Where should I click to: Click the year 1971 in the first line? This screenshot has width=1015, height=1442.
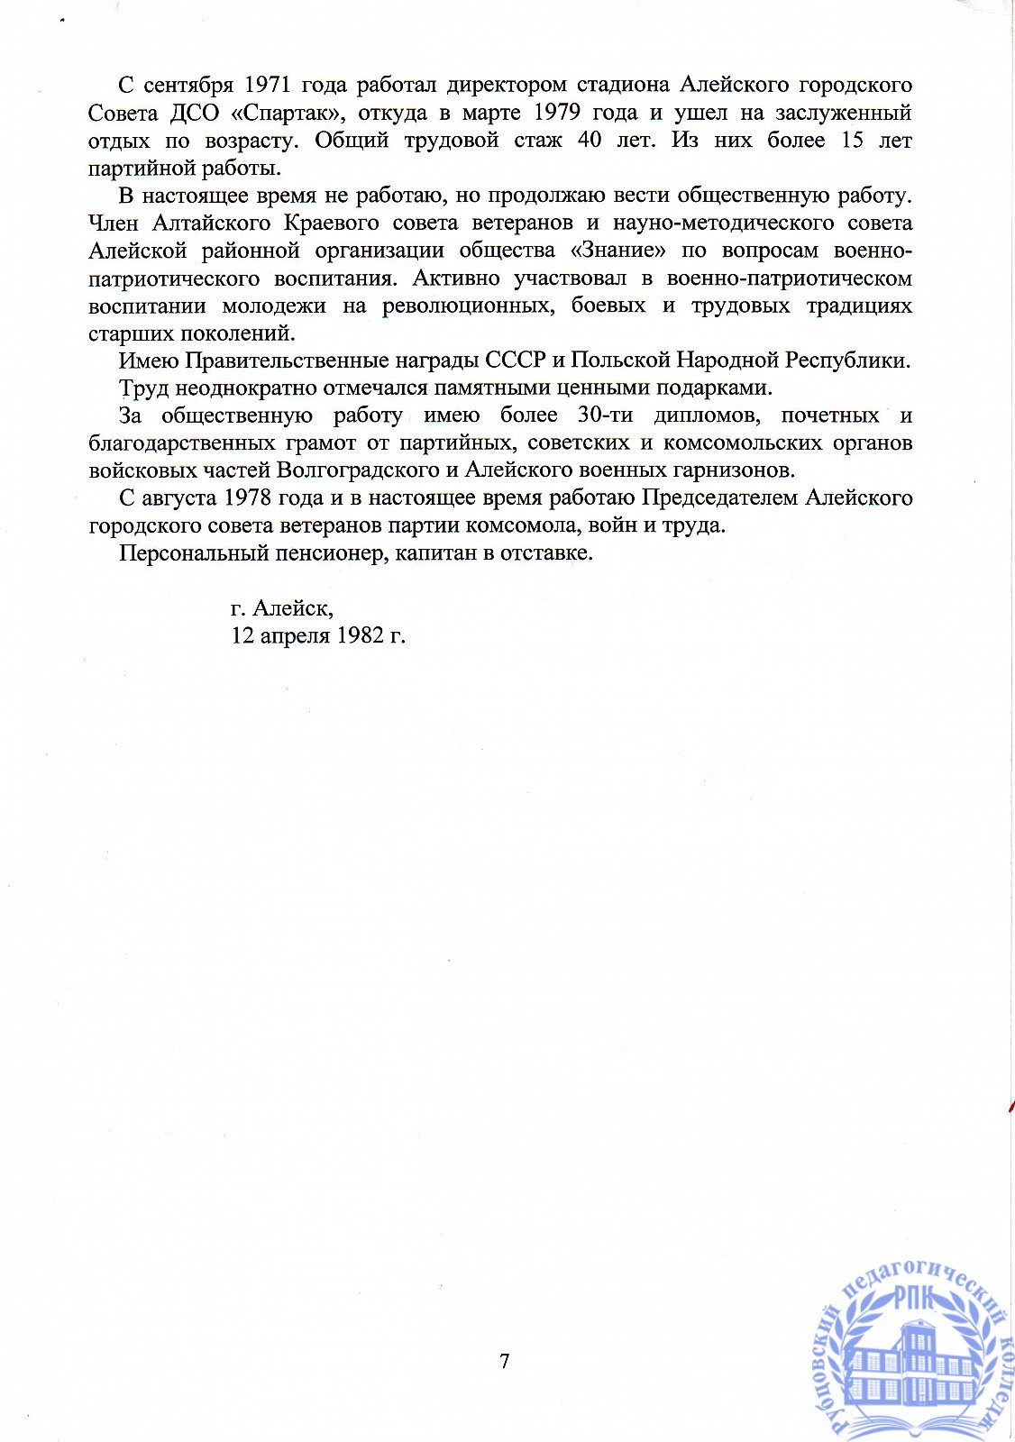(x=267, y=85)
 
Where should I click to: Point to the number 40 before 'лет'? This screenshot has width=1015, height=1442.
(x=590, y=141)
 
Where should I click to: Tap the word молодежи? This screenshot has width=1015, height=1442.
(x=274, y=306)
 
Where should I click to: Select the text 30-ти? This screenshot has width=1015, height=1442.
(x=605, y=415)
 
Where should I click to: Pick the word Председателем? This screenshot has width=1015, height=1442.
(x=720, y=498)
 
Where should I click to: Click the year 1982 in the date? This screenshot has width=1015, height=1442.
(x=359, y=635)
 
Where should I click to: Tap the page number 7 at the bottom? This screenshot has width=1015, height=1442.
(x=505, y=1361)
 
